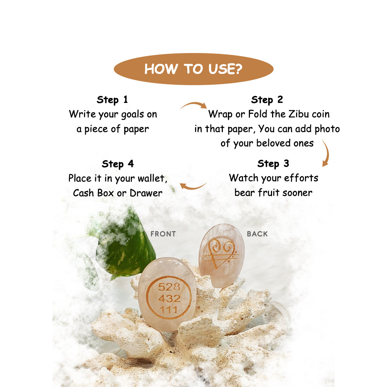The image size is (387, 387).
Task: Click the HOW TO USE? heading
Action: click(193, 69)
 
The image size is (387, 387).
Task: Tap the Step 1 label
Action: click(112, 100)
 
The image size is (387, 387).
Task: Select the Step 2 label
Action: click(267, 100)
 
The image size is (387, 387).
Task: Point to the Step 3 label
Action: click(273, 164)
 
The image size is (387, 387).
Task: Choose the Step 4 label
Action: click(118, 164)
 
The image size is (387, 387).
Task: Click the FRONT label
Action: click(163, 234)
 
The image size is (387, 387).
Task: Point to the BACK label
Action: click(257, 234)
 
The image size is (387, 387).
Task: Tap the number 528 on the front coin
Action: click(170, 287)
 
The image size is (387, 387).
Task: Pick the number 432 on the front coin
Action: click(170, 299)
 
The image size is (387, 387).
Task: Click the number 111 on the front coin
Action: click(169, 310)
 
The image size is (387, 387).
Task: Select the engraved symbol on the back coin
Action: click(221, 253)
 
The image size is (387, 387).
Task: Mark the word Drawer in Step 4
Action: click(146, 193)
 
